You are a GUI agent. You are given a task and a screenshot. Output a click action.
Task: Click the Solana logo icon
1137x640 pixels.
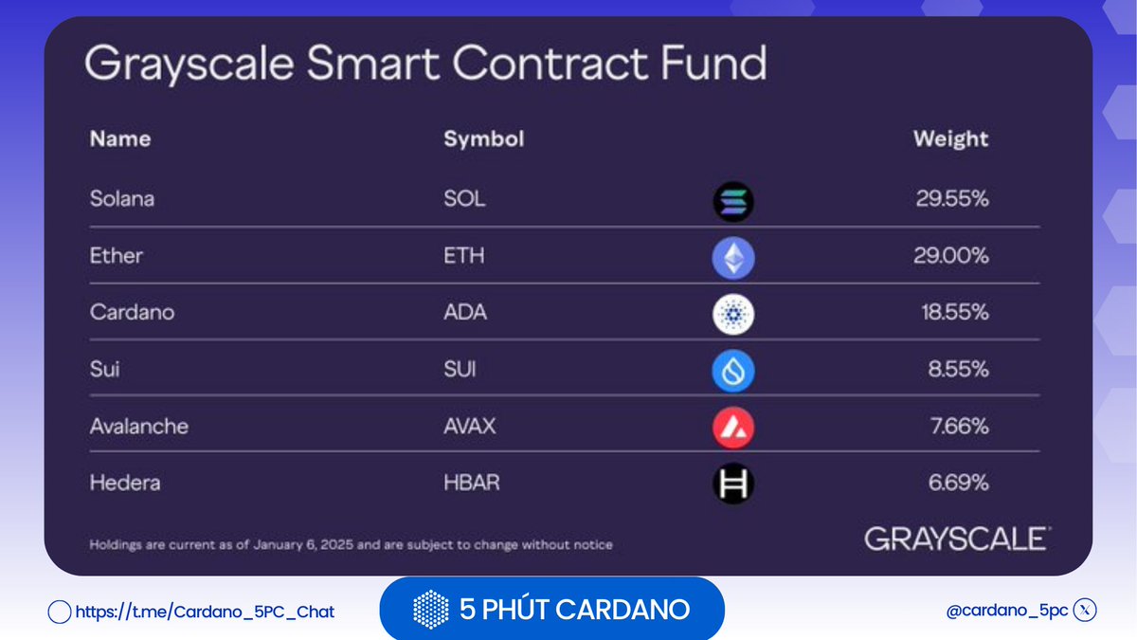click(x=732, y=202)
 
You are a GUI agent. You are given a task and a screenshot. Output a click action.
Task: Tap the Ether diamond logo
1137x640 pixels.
click(x=732, y=258)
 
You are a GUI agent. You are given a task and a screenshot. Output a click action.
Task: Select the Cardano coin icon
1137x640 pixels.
click(x=732, y=315)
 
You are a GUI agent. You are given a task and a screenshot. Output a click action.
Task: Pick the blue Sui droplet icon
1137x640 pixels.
click(x=732, y=372)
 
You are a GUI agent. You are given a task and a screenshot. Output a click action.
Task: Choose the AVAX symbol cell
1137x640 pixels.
click(x=469, y=427)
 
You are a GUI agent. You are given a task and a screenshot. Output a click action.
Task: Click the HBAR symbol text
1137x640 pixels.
click(x=471, y=483)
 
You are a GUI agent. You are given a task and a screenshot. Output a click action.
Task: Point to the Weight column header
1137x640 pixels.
click(x=950, y=139)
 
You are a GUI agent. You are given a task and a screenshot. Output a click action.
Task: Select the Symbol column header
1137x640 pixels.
click(x=483, y=139)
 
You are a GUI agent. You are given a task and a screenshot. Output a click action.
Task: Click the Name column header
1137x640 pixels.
click(x=120, y=139)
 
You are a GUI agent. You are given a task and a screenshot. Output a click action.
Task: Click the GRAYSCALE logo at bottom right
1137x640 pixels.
click(x=956, y=539)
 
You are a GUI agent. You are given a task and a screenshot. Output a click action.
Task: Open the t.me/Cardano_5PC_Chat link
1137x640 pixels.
click(x=204, y=612)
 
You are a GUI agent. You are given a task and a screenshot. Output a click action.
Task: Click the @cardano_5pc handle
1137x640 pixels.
click(x=1006, y=612)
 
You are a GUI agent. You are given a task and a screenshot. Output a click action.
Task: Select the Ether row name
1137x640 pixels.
click(x=117, y=256)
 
